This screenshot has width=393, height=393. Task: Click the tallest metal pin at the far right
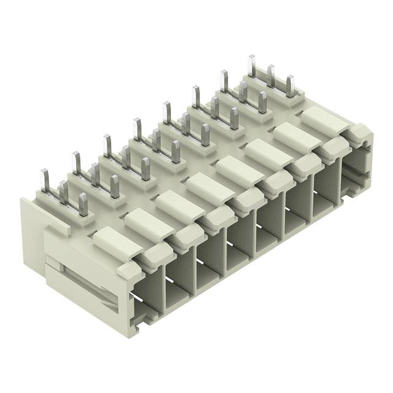tap(252, 66)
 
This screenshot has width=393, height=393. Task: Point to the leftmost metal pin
tap(45, 181)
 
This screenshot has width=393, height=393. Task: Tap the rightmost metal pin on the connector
tap(290, 86)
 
